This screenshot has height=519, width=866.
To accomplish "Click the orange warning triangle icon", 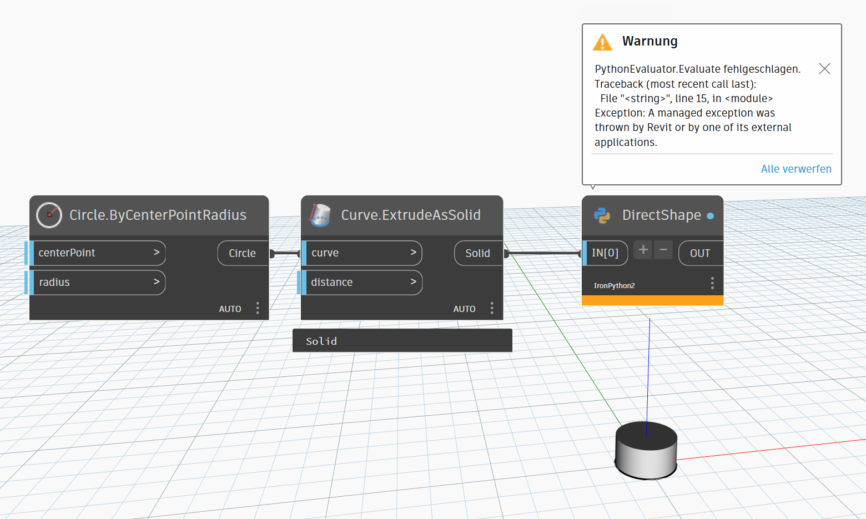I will (602, 42).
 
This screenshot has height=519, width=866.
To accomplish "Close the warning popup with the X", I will (824, 69).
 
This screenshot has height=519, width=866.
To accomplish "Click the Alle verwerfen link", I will (795, 169).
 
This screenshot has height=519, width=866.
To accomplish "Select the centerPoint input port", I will (98, 253).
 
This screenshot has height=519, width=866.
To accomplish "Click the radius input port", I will (98, 283).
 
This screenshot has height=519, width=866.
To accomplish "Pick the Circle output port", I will (243, 253).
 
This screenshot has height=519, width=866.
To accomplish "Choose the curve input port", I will (362, 253).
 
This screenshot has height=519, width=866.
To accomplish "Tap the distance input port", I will (362, 283).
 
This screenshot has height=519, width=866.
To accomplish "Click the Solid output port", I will (477, 253).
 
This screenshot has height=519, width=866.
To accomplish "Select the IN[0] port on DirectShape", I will (605, 253).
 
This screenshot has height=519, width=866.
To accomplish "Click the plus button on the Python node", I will (643, 250).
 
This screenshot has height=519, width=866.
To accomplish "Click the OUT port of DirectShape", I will (700, 253).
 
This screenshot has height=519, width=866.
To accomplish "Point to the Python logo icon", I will (602, 215).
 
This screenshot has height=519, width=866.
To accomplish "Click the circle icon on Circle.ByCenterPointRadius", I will (49, 215).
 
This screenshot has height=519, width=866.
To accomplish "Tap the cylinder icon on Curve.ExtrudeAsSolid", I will (320, 215).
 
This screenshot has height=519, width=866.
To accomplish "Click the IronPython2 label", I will (614, 286).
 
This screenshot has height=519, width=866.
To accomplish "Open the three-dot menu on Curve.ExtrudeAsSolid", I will (492, 308).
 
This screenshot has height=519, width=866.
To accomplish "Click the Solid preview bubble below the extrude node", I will (402, 341).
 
